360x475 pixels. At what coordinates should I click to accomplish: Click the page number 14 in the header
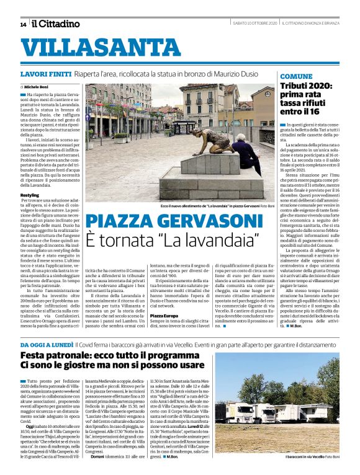pyautogui.click(x=23, y=24)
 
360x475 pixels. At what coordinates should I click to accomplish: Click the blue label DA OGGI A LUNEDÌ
pyautogui.click(x=46, y=344)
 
